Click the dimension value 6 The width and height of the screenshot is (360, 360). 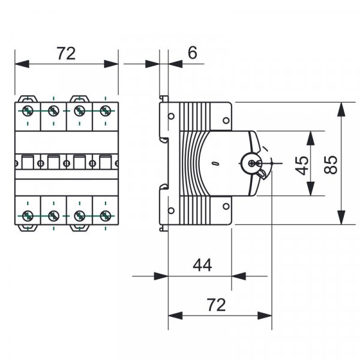[192, 53]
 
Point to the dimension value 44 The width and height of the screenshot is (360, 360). [202, 265]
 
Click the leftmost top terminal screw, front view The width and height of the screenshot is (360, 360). [28, 110]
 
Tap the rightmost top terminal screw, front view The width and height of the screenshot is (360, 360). [106, 110]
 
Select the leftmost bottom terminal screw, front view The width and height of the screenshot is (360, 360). [28, 215]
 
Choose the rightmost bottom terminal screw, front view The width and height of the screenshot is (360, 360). [106, 215]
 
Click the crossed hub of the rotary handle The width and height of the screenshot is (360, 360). [251, 163]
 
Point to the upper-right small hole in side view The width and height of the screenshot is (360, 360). [226, 120]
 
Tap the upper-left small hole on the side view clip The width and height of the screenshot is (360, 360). [171, 116]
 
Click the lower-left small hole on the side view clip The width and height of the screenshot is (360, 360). [171, 209]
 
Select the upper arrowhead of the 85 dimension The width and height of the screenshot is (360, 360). [341, 109]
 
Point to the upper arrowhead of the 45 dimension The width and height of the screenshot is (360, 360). [310, 137]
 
